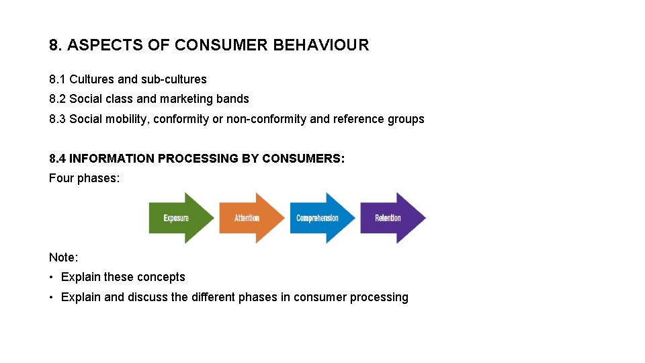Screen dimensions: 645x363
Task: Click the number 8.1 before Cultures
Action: pos(57,79)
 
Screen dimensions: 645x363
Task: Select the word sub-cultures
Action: pos(173,79)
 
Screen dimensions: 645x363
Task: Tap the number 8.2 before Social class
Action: pos(57,99)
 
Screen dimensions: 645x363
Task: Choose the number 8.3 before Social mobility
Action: pos(57,119)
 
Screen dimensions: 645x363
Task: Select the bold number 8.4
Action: pos(57,159)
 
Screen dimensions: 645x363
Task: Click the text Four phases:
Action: pos(84,178)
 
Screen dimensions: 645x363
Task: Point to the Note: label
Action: pos(63,257)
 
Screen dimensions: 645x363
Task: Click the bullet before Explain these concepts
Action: pos(52,277)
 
